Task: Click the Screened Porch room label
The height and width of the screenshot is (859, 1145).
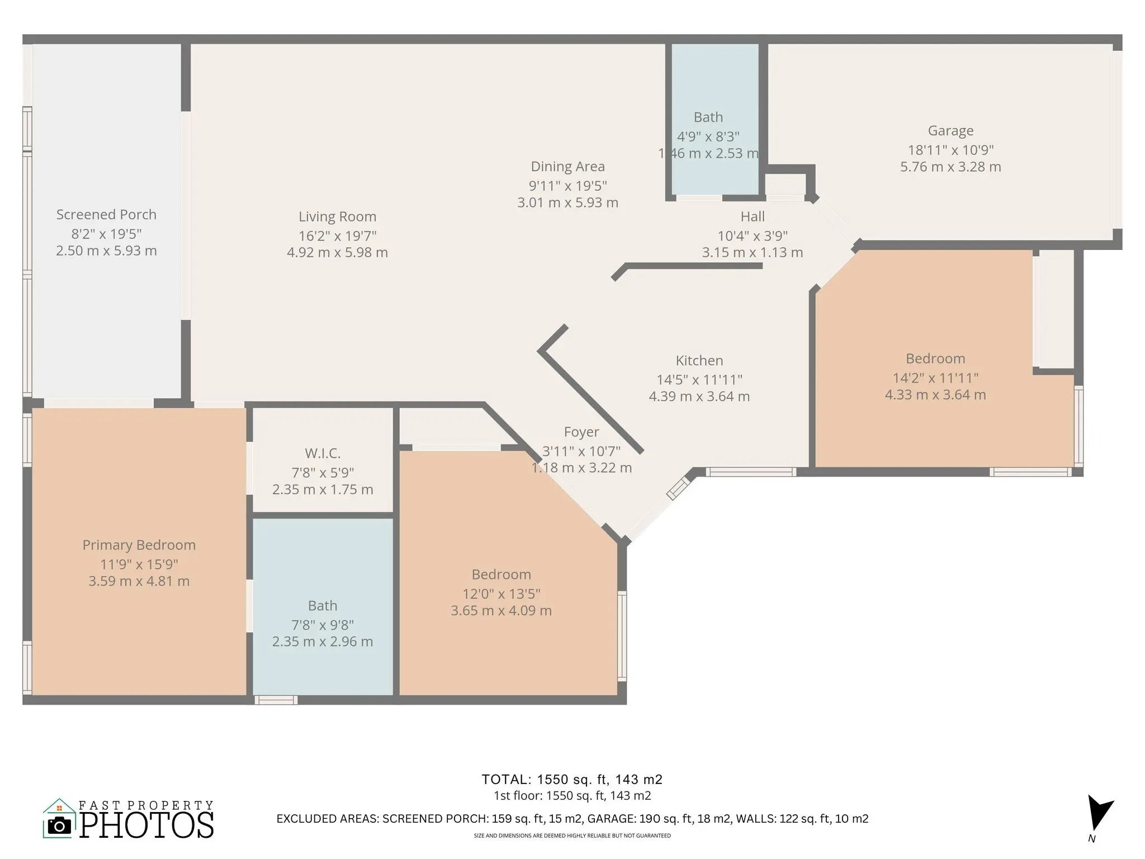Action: click(x=106, y=215)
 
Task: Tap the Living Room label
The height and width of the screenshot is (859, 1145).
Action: click(x=337, y=216)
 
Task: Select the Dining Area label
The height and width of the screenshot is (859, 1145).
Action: click(x=567, y=167)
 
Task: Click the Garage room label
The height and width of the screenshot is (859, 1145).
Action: click(x=950, y=131)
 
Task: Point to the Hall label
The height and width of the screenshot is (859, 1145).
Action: click(x=753, y=216)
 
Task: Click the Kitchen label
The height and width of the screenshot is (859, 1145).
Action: click(x=699, y=361)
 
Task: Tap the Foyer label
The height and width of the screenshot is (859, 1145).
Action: click(x=581, y=432)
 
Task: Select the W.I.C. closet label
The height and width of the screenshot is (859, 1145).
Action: click(x=323, y=454)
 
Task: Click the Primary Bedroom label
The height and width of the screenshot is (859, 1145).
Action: click(x=139, y=545)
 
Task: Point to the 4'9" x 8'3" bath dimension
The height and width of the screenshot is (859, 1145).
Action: click(x=708, y=136)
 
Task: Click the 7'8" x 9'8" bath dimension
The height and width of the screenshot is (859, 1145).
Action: click(x=323, y=625)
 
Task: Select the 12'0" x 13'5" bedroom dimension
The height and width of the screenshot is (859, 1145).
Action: click(x=501, y=594)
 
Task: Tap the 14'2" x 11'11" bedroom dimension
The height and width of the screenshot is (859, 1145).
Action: click(x=935, y=378)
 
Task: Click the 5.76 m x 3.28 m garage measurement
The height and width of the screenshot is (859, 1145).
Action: click(x=950, y=167)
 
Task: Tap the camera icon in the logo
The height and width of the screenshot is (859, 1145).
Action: click(x=59, y=825)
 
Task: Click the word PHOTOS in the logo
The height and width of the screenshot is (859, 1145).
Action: click(x=146, y=825)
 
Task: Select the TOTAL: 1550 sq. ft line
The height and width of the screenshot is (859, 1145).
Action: click(x=572, y=780)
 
